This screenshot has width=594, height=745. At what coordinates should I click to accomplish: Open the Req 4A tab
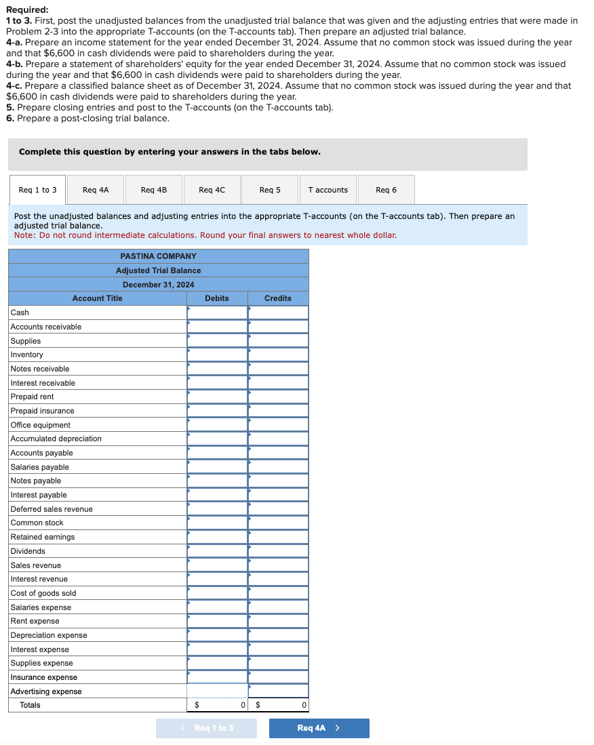(95, 190)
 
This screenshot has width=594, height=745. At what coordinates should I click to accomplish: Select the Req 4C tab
(212, 190)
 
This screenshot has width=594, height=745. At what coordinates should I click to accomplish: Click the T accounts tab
(328, 190)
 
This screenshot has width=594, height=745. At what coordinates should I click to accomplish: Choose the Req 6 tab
(386, 190)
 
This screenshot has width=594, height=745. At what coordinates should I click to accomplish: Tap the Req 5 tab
(270, 190)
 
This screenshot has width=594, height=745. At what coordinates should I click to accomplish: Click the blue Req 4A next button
(319, 728)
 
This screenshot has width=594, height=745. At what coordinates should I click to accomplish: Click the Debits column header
(217, 298)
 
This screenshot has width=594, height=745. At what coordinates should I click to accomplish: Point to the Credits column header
(278, 298)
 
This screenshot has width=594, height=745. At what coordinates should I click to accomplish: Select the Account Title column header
(98, 298)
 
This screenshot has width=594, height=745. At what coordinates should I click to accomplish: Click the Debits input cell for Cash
(218, 313)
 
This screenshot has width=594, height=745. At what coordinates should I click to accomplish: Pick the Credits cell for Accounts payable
(279, 453)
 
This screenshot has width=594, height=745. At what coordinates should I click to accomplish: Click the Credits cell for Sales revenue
(279, 565)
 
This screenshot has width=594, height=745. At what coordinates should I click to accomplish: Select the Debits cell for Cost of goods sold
(218, 593)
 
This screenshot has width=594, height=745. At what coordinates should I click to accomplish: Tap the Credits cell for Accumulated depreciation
(279, 439)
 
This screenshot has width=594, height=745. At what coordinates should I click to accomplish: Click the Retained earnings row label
(43, 537)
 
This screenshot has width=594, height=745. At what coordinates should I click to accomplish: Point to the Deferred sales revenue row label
(52, 509)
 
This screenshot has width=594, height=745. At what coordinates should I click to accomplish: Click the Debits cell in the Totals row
(218, 705)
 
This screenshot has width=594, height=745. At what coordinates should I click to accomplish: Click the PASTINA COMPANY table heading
(158, 256)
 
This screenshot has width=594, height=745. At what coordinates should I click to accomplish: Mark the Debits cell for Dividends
(218, 551)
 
